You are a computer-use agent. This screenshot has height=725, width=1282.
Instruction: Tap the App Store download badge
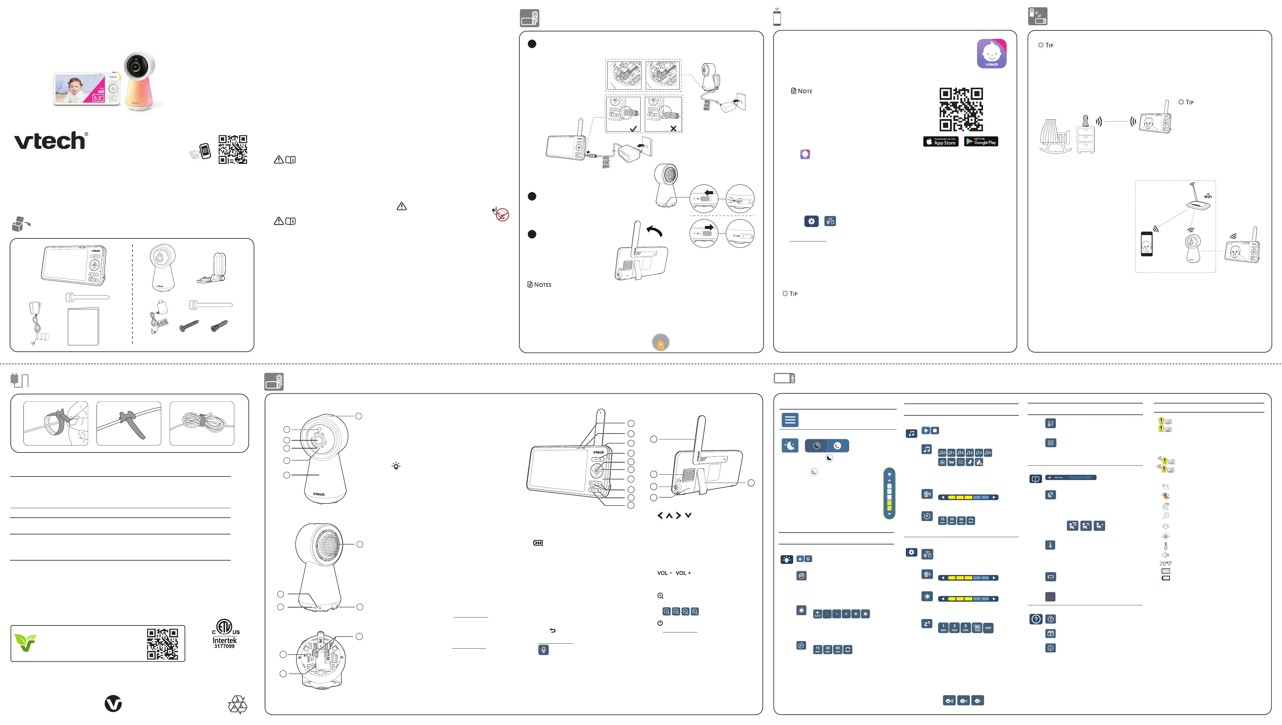click(x=940, y=142)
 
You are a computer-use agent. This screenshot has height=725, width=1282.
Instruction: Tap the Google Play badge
click(x=981, y=142)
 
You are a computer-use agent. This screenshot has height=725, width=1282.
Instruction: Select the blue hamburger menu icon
click(x=790, y=420)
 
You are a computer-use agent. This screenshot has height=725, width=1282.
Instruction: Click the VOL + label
click(x=683, y=573)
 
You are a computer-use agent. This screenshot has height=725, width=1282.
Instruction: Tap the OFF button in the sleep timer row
click(x=988, y=628)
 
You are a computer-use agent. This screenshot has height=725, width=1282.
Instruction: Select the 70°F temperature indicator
click(x=1165, y=564)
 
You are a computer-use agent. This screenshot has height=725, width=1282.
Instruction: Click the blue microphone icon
click(x=543, y=650)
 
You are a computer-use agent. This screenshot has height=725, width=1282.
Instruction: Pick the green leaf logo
click(x=25, y=643)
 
